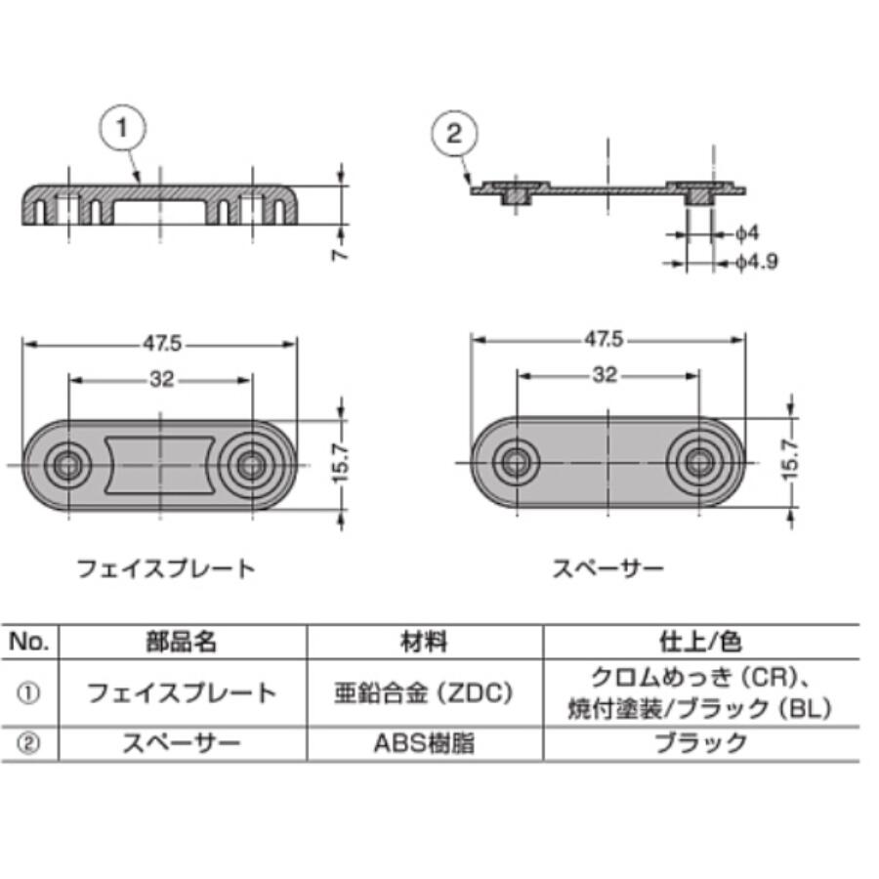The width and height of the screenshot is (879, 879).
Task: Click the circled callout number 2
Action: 455,135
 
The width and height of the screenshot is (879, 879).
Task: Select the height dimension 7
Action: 340,253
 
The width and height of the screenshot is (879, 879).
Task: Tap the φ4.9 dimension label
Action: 756,262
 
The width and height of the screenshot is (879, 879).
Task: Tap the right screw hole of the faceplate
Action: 252,465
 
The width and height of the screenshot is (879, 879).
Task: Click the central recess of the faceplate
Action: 159,465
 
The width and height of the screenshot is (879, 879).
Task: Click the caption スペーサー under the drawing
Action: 607,567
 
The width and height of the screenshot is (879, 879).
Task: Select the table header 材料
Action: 425,642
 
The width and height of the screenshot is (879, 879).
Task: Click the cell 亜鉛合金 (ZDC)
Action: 425,693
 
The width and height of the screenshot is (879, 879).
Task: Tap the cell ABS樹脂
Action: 425,743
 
